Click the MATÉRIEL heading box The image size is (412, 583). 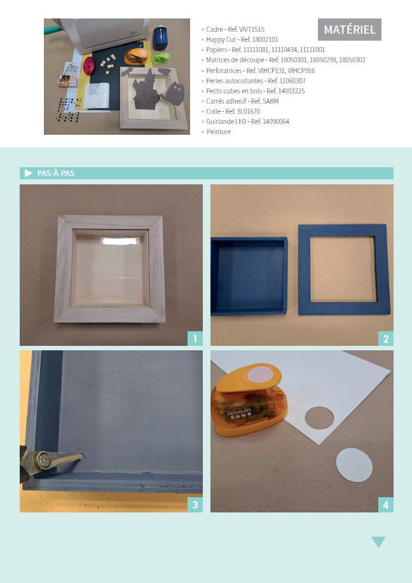(350, 29)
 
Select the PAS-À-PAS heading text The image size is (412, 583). (56, 174)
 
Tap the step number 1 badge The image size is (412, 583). (195, 338)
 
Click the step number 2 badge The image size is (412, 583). (385, 338)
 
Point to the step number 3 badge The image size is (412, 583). (195, 505)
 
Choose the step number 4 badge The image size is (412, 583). (385, 505)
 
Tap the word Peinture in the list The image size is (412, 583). (219, 132)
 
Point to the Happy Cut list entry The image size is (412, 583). (242, 39)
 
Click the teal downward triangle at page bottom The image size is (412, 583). (378, 542)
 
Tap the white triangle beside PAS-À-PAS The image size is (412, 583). (29, 174)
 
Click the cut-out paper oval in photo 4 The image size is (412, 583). (354, 465)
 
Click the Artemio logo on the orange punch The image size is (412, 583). (239, 411)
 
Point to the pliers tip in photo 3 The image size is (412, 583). (82, 455)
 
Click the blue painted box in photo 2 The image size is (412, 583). (249, 277)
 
